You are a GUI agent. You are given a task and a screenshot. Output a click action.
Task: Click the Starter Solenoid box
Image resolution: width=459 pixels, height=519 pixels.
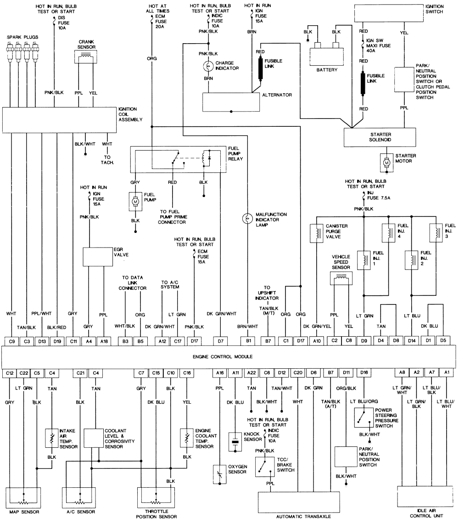[x=380, y=136]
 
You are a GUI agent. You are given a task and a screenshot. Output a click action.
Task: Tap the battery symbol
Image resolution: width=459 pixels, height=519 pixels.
[x=327, y=54]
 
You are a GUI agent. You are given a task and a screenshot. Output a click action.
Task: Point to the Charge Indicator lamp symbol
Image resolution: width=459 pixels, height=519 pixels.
[x=208, y=66]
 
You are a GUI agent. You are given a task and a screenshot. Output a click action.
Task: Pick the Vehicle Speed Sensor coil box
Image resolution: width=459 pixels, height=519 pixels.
[x=341, y=278]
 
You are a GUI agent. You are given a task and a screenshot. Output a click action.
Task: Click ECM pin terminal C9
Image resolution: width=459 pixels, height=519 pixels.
[x=11, y=341]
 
